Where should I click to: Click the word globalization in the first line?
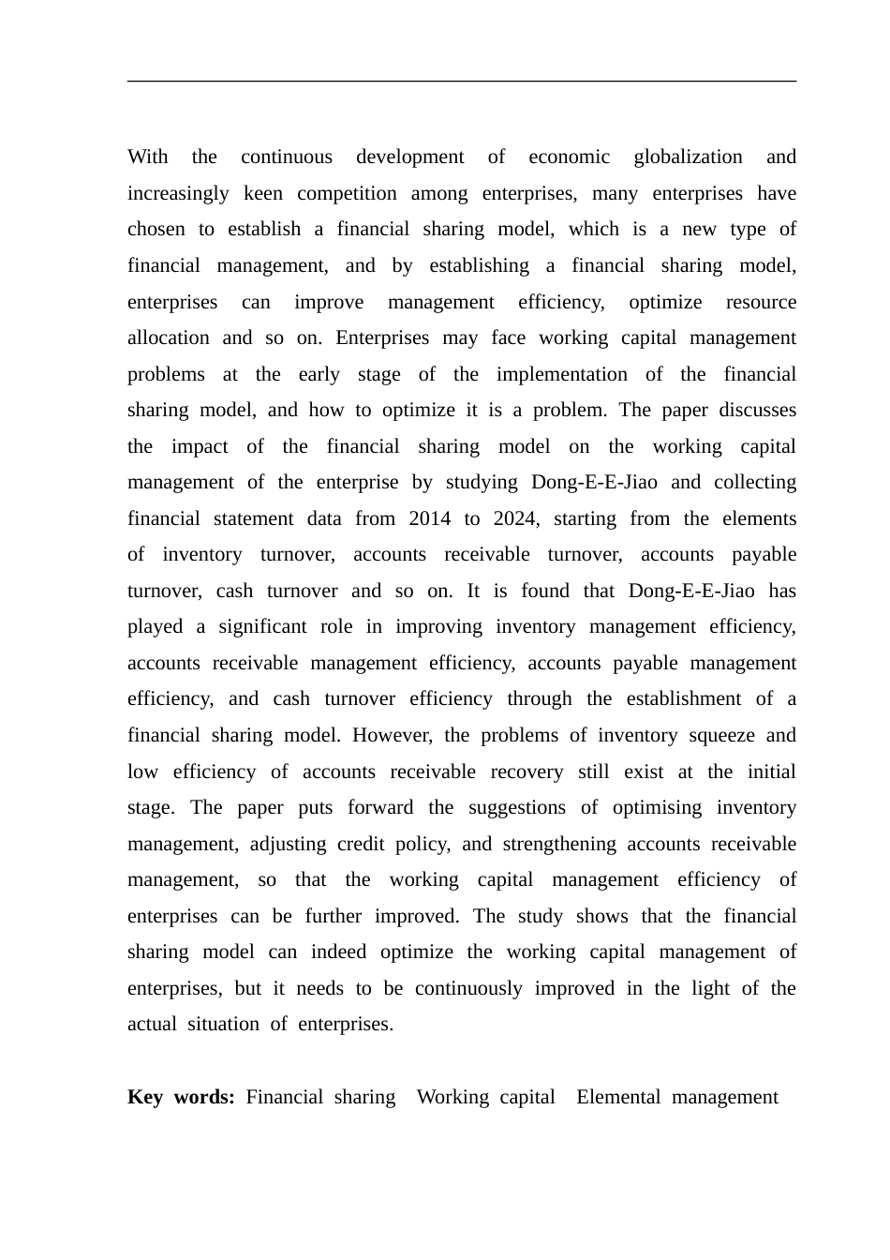pyautogui.click(x=688, y=157)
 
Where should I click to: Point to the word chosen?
pyautogui.click(x=156, y=229)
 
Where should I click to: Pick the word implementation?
pyautogui.click(x=561, y=374)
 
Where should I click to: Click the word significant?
pyautogui.click(x=262, y=626)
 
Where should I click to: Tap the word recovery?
pyautogui.click(x=527, y=772)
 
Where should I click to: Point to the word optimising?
pyautogui.click(x=657, y=807)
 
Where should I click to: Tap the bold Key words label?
pyautogui.click(x=181, y=1097)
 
